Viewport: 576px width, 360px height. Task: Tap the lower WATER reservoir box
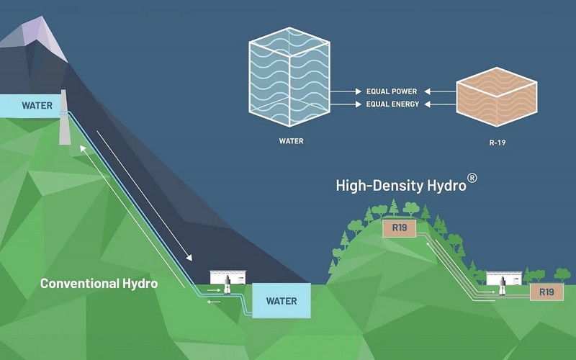tap(281, 300)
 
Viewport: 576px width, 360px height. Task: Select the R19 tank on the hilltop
tap(398, 228)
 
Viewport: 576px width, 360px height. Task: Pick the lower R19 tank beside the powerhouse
tap(546, 292)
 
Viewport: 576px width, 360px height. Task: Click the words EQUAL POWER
tap(391, 91)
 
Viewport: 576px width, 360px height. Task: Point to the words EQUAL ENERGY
tap(391, 104)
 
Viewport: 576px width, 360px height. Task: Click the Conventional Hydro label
tap(99, 283)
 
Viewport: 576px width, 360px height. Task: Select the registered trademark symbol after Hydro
tap(472, 178)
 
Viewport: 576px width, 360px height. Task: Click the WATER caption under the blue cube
tap(291, 141)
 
